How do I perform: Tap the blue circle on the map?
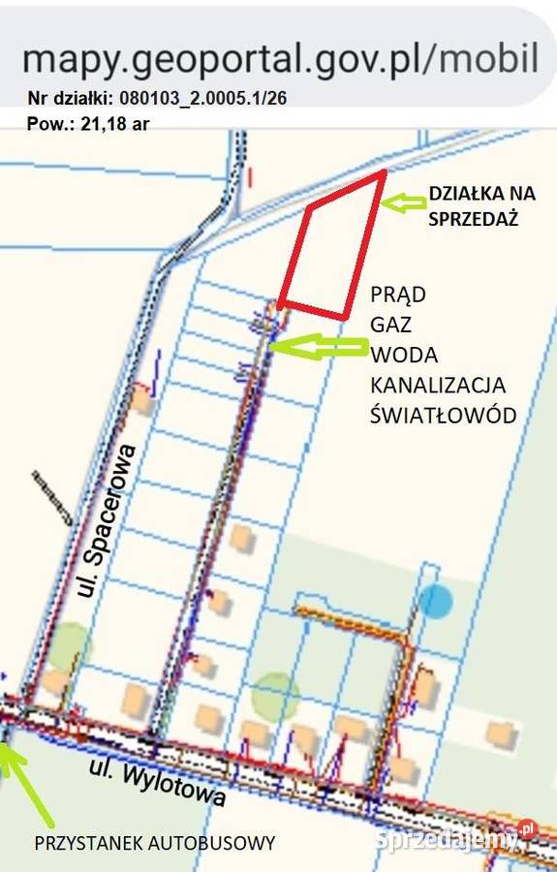(436, 602)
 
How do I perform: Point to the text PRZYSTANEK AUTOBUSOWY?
(155, 842)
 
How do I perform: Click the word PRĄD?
(398, 295)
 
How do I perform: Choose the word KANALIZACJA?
(438, 385)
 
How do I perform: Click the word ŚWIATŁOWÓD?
(443, 415)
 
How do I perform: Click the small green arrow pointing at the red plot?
(405, 202)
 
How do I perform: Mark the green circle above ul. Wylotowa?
(276, 695)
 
